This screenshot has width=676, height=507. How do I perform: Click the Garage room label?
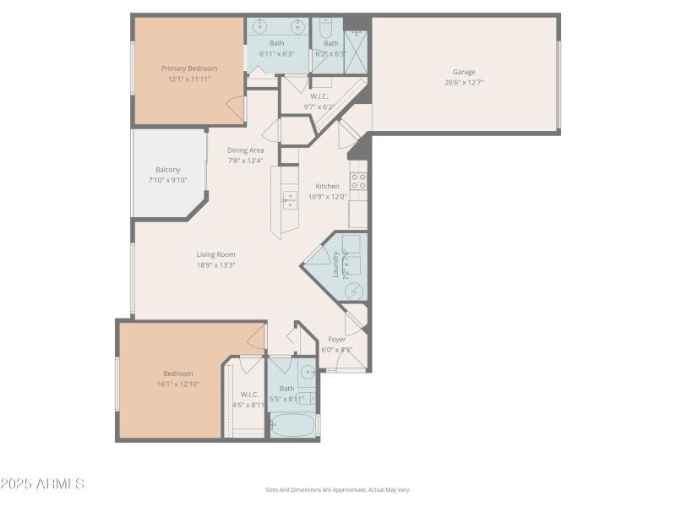[463, 73]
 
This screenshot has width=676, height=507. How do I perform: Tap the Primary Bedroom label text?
[189, 68]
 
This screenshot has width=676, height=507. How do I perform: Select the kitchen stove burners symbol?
[358, 181]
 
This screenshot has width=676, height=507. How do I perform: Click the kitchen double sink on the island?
[290, 199]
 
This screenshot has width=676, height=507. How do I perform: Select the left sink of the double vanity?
[259, 27]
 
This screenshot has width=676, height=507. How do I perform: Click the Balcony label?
[168, 170]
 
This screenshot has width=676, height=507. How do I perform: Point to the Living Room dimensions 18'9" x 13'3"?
[215, 264]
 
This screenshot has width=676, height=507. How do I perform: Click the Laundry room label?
[336, 264]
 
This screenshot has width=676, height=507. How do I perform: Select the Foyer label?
[336, 340]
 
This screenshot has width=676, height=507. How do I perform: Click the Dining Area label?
[245, 150]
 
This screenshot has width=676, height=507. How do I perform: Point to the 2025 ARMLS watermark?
[42, 484]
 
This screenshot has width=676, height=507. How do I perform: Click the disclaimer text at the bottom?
[337, 489]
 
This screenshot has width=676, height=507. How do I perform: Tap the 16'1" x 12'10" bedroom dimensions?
[178, 384]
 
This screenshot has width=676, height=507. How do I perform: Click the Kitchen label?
[327, 186]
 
